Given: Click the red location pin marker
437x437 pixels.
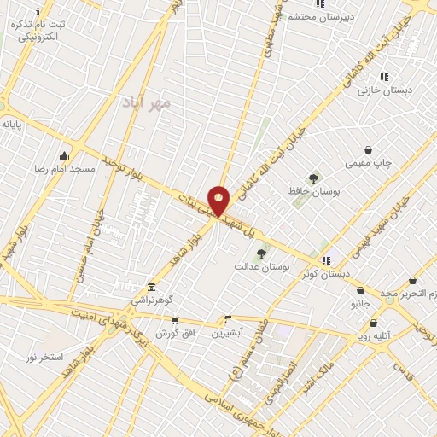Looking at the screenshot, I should (x=219, y=201).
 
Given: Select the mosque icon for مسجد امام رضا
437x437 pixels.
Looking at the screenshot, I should (x=64, y=155).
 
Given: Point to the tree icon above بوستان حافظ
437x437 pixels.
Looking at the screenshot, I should (x=313, y=178).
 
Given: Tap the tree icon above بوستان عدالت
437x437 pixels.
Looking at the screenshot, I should (x=261, y=253).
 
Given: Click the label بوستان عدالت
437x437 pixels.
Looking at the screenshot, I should (x=262, y=267).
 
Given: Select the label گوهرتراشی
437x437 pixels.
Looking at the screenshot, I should (x=151, y=300).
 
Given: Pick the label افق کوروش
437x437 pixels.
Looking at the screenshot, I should (x=175, y=332).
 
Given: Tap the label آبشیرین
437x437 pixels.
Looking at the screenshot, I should (x=228, y=331).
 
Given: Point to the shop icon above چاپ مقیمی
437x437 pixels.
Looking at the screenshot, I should (x=368, y=149).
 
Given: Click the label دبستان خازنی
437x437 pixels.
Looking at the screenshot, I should (x=384, y=90).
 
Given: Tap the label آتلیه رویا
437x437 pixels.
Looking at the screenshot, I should (x=374, y=336).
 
